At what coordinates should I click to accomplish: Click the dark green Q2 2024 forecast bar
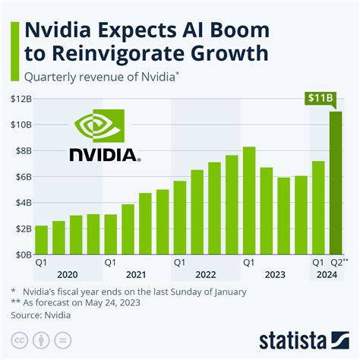(335, 183)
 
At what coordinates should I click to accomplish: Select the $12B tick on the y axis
(20, 98)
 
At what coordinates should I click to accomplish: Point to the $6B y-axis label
(20, 176)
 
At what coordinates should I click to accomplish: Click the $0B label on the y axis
(20, 254)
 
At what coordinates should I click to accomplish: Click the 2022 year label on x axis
(205, 276)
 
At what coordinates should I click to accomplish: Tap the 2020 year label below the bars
(67, 276)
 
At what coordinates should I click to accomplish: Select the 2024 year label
(327, 276)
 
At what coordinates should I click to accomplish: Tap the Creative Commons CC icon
(21, 339)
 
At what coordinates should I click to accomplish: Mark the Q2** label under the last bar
(337, 263)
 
